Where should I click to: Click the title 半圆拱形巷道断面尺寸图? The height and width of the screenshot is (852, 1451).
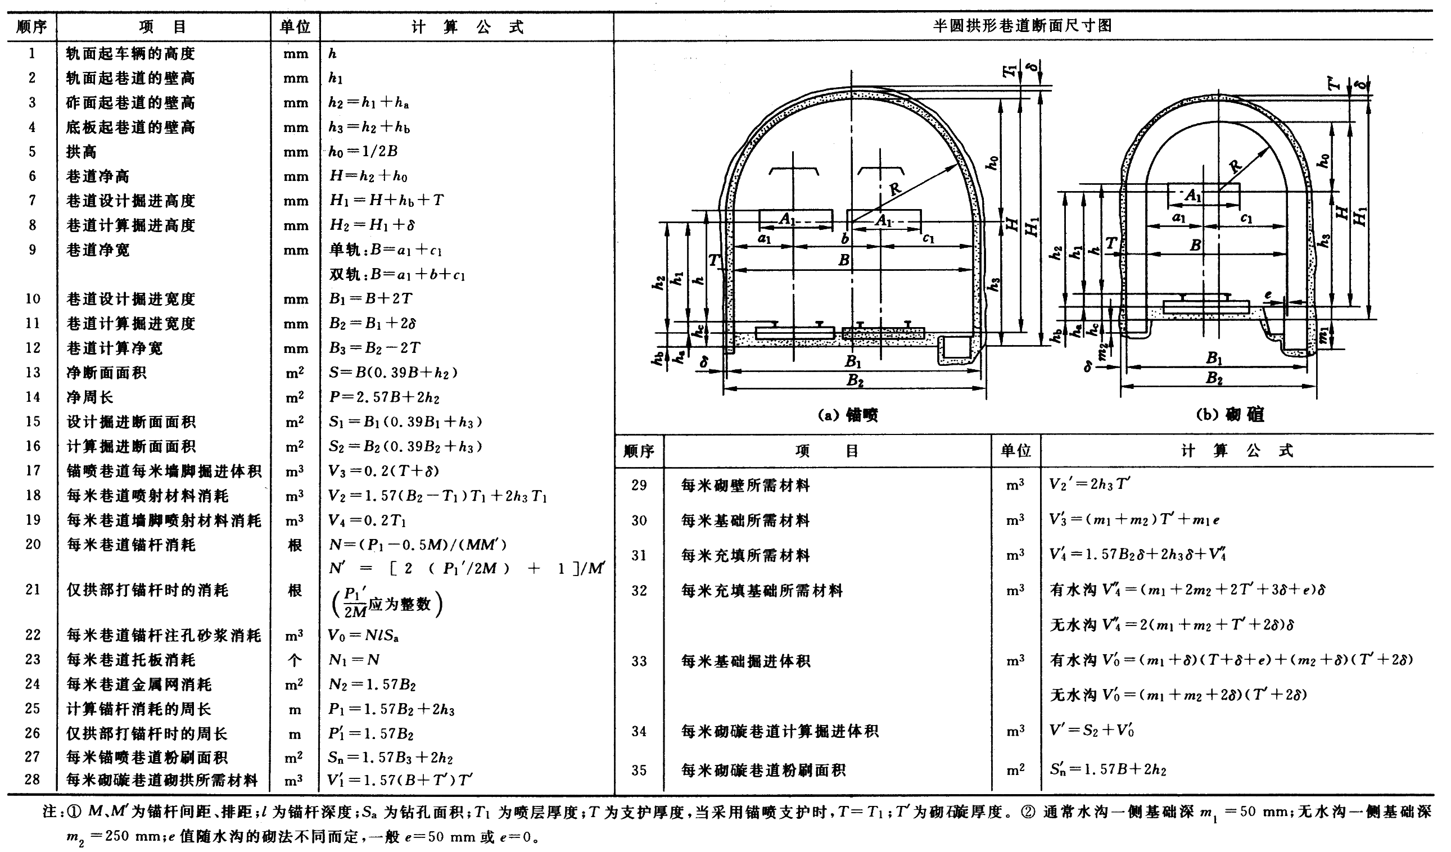point(1023,26)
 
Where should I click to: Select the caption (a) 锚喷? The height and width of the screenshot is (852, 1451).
point(848,415)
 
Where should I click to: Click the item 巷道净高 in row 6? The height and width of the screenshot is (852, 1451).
point(98,176)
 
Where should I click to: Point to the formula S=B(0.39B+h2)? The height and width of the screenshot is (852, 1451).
point(394,373)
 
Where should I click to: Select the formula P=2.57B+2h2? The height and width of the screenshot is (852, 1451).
point(384,397)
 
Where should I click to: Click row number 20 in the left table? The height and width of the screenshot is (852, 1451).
point(32,544)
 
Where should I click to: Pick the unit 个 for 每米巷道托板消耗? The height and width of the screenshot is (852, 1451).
point(295,660)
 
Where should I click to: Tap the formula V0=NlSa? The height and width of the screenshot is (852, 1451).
point(363,635)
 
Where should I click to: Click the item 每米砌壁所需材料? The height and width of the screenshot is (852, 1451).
point(745,486)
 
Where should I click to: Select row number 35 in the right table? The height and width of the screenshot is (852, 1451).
point(639,771)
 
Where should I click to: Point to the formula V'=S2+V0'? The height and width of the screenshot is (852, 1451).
point(1092,731)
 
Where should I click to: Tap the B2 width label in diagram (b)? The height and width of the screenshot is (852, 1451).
point(1214,379)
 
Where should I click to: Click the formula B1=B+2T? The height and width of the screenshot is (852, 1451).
point(371,299)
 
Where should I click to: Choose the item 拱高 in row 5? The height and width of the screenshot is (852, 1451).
point(81,152)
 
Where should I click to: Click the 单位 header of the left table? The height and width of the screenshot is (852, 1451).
point(295,27)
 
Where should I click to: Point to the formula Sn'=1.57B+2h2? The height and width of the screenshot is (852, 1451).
point(1108,770)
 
